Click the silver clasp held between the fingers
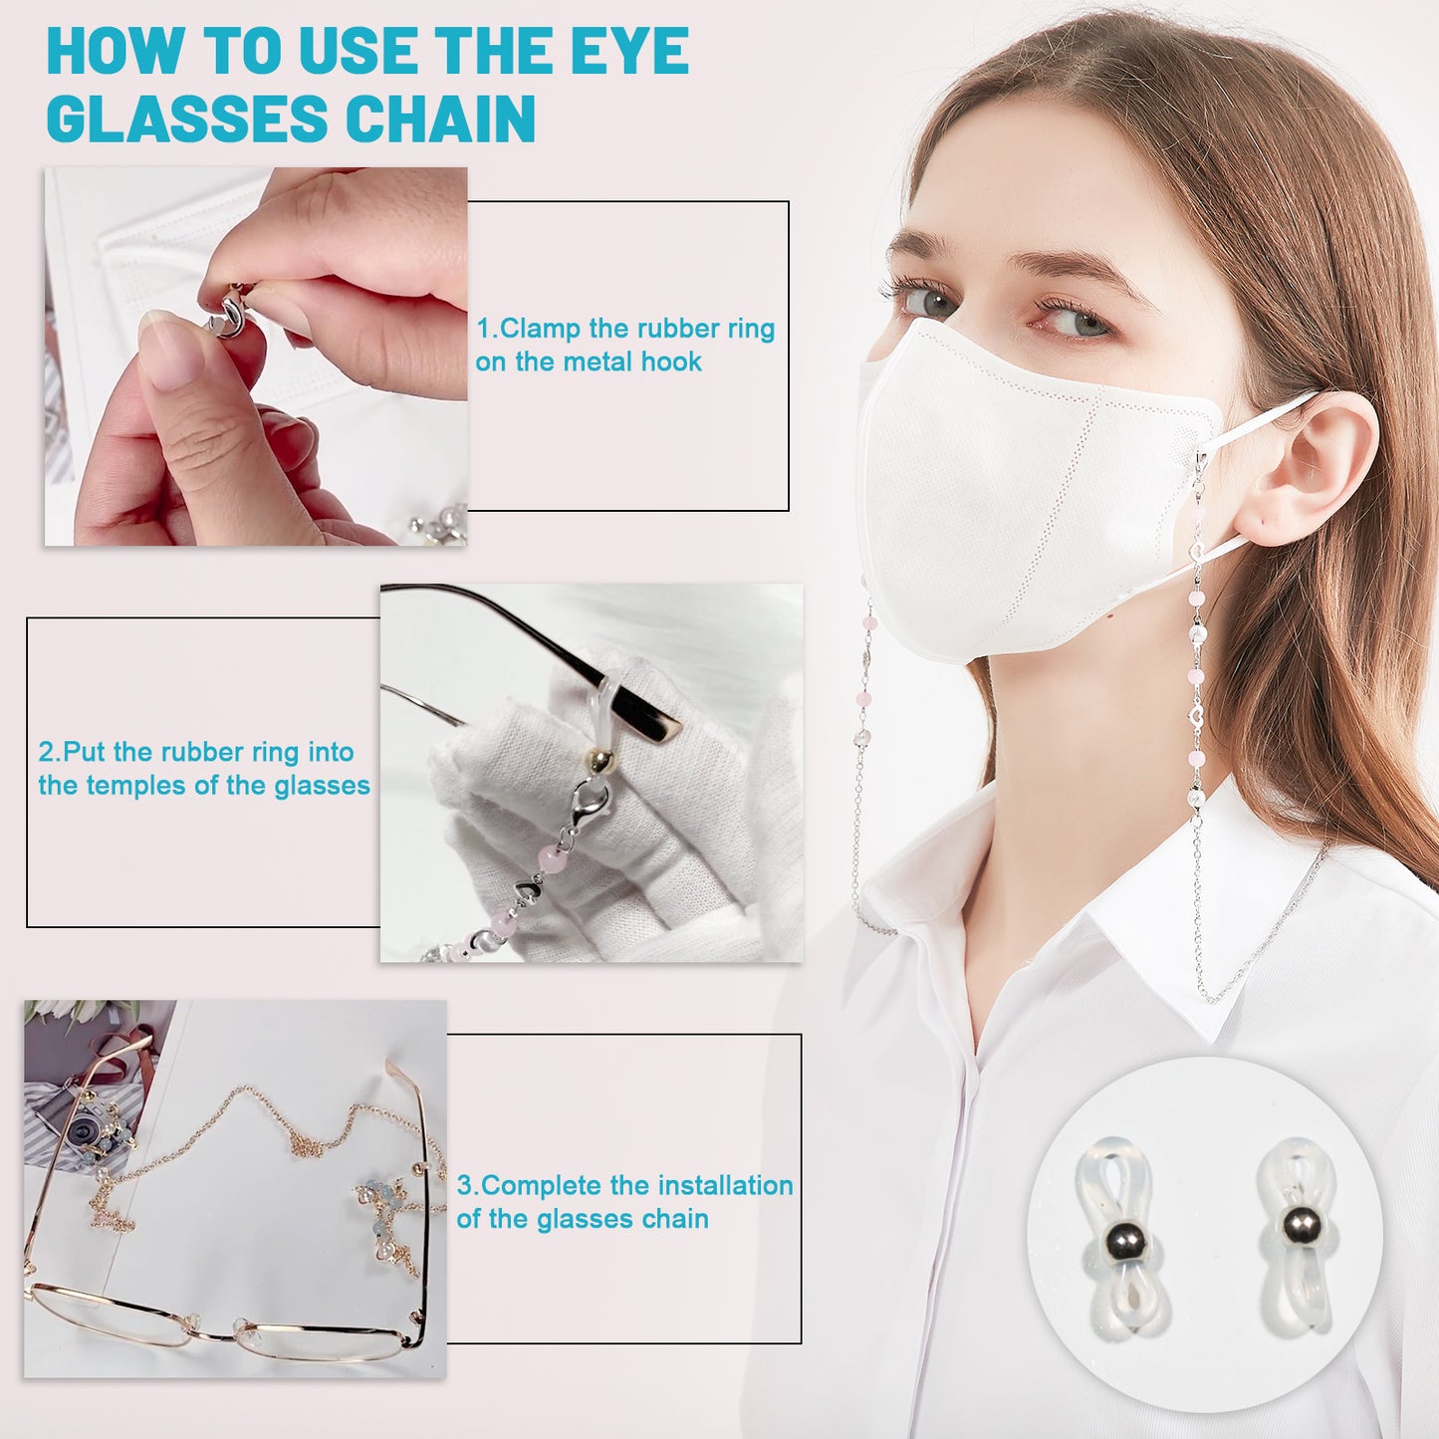coord(231,309)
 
